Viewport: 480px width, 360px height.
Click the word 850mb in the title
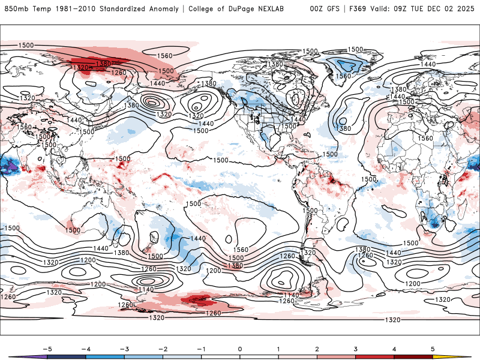click(16, 8)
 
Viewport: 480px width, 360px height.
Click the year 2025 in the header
click(466, 8)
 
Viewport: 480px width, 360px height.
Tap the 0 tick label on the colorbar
click(240, 348)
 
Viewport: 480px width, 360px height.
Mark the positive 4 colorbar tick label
click(394, 348)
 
